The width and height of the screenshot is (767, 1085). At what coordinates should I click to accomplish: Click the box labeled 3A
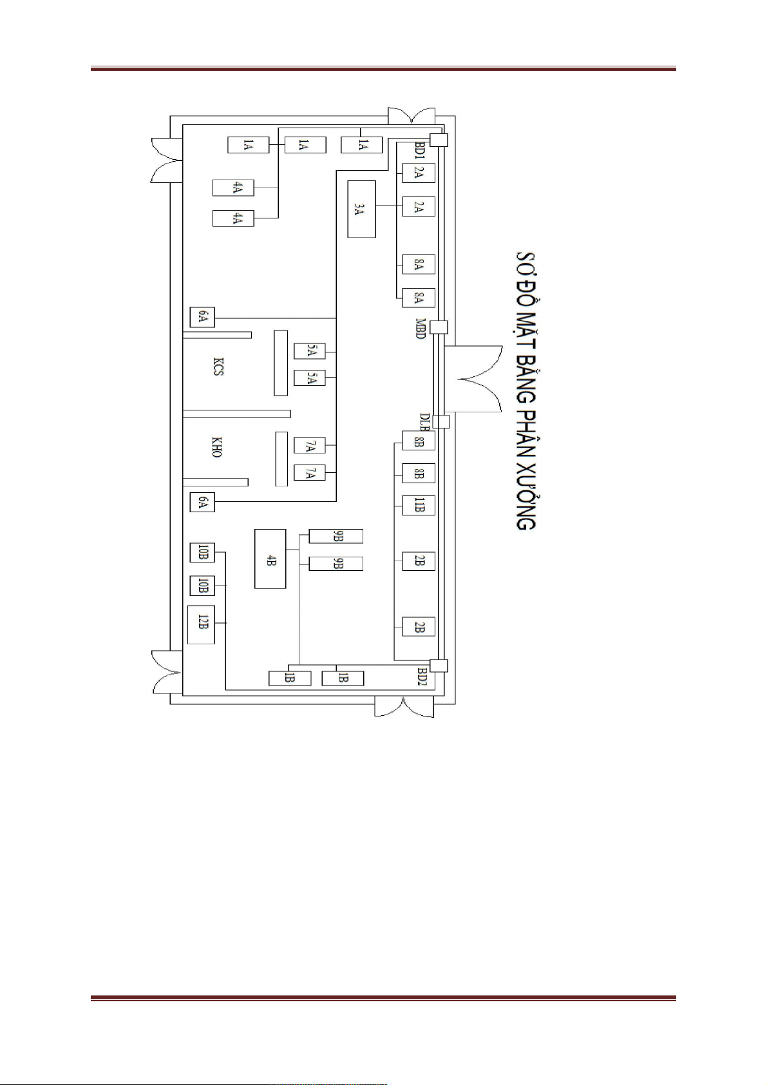(361, 209)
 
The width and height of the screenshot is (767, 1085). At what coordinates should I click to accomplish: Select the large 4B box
(270, 559)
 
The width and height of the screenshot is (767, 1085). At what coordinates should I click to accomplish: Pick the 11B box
(419, 505)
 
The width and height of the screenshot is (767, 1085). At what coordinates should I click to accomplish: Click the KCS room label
(218, 367)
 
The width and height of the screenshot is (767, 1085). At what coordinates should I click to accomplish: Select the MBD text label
(421, 328)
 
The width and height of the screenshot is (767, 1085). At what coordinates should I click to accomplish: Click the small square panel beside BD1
(439, 140)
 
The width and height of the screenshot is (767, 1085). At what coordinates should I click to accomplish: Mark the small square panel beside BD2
(439, 666)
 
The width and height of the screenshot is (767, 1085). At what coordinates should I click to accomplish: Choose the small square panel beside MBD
(439, 327)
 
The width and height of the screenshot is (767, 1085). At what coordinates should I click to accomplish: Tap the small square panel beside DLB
(441, 421)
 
